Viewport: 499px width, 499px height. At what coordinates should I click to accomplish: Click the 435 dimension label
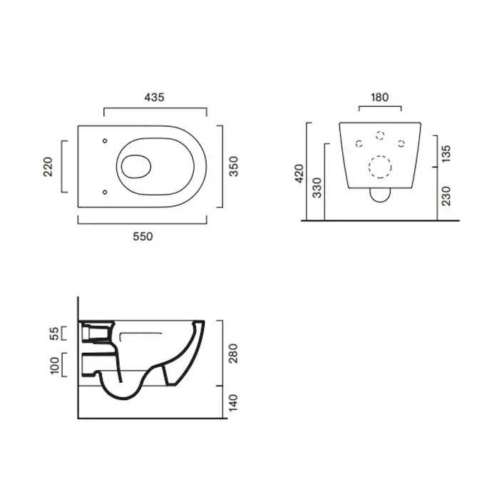[155, 97]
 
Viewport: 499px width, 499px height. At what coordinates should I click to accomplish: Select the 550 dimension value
[143, 237]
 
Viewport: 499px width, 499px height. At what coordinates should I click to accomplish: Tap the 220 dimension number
[48, 166]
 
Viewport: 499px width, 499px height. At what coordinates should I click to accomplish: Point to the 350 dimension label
[234, 166]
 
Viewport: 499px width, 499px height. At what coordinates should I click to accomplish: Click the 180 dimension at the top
[380, 97]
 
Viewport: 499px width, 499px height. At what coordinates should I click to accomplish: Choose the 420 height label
[299, 173]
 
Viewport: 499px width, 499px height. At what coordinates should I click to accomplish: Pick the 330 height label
[317, 187]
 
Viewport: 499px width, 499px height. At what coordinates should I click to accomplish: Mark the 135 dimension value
[446, 153]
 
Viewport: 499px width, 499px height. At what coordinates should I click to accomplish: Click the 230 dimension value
[446, 196]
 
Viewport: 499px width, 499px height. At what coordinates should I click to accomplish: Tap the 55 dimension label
[54, 334]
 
